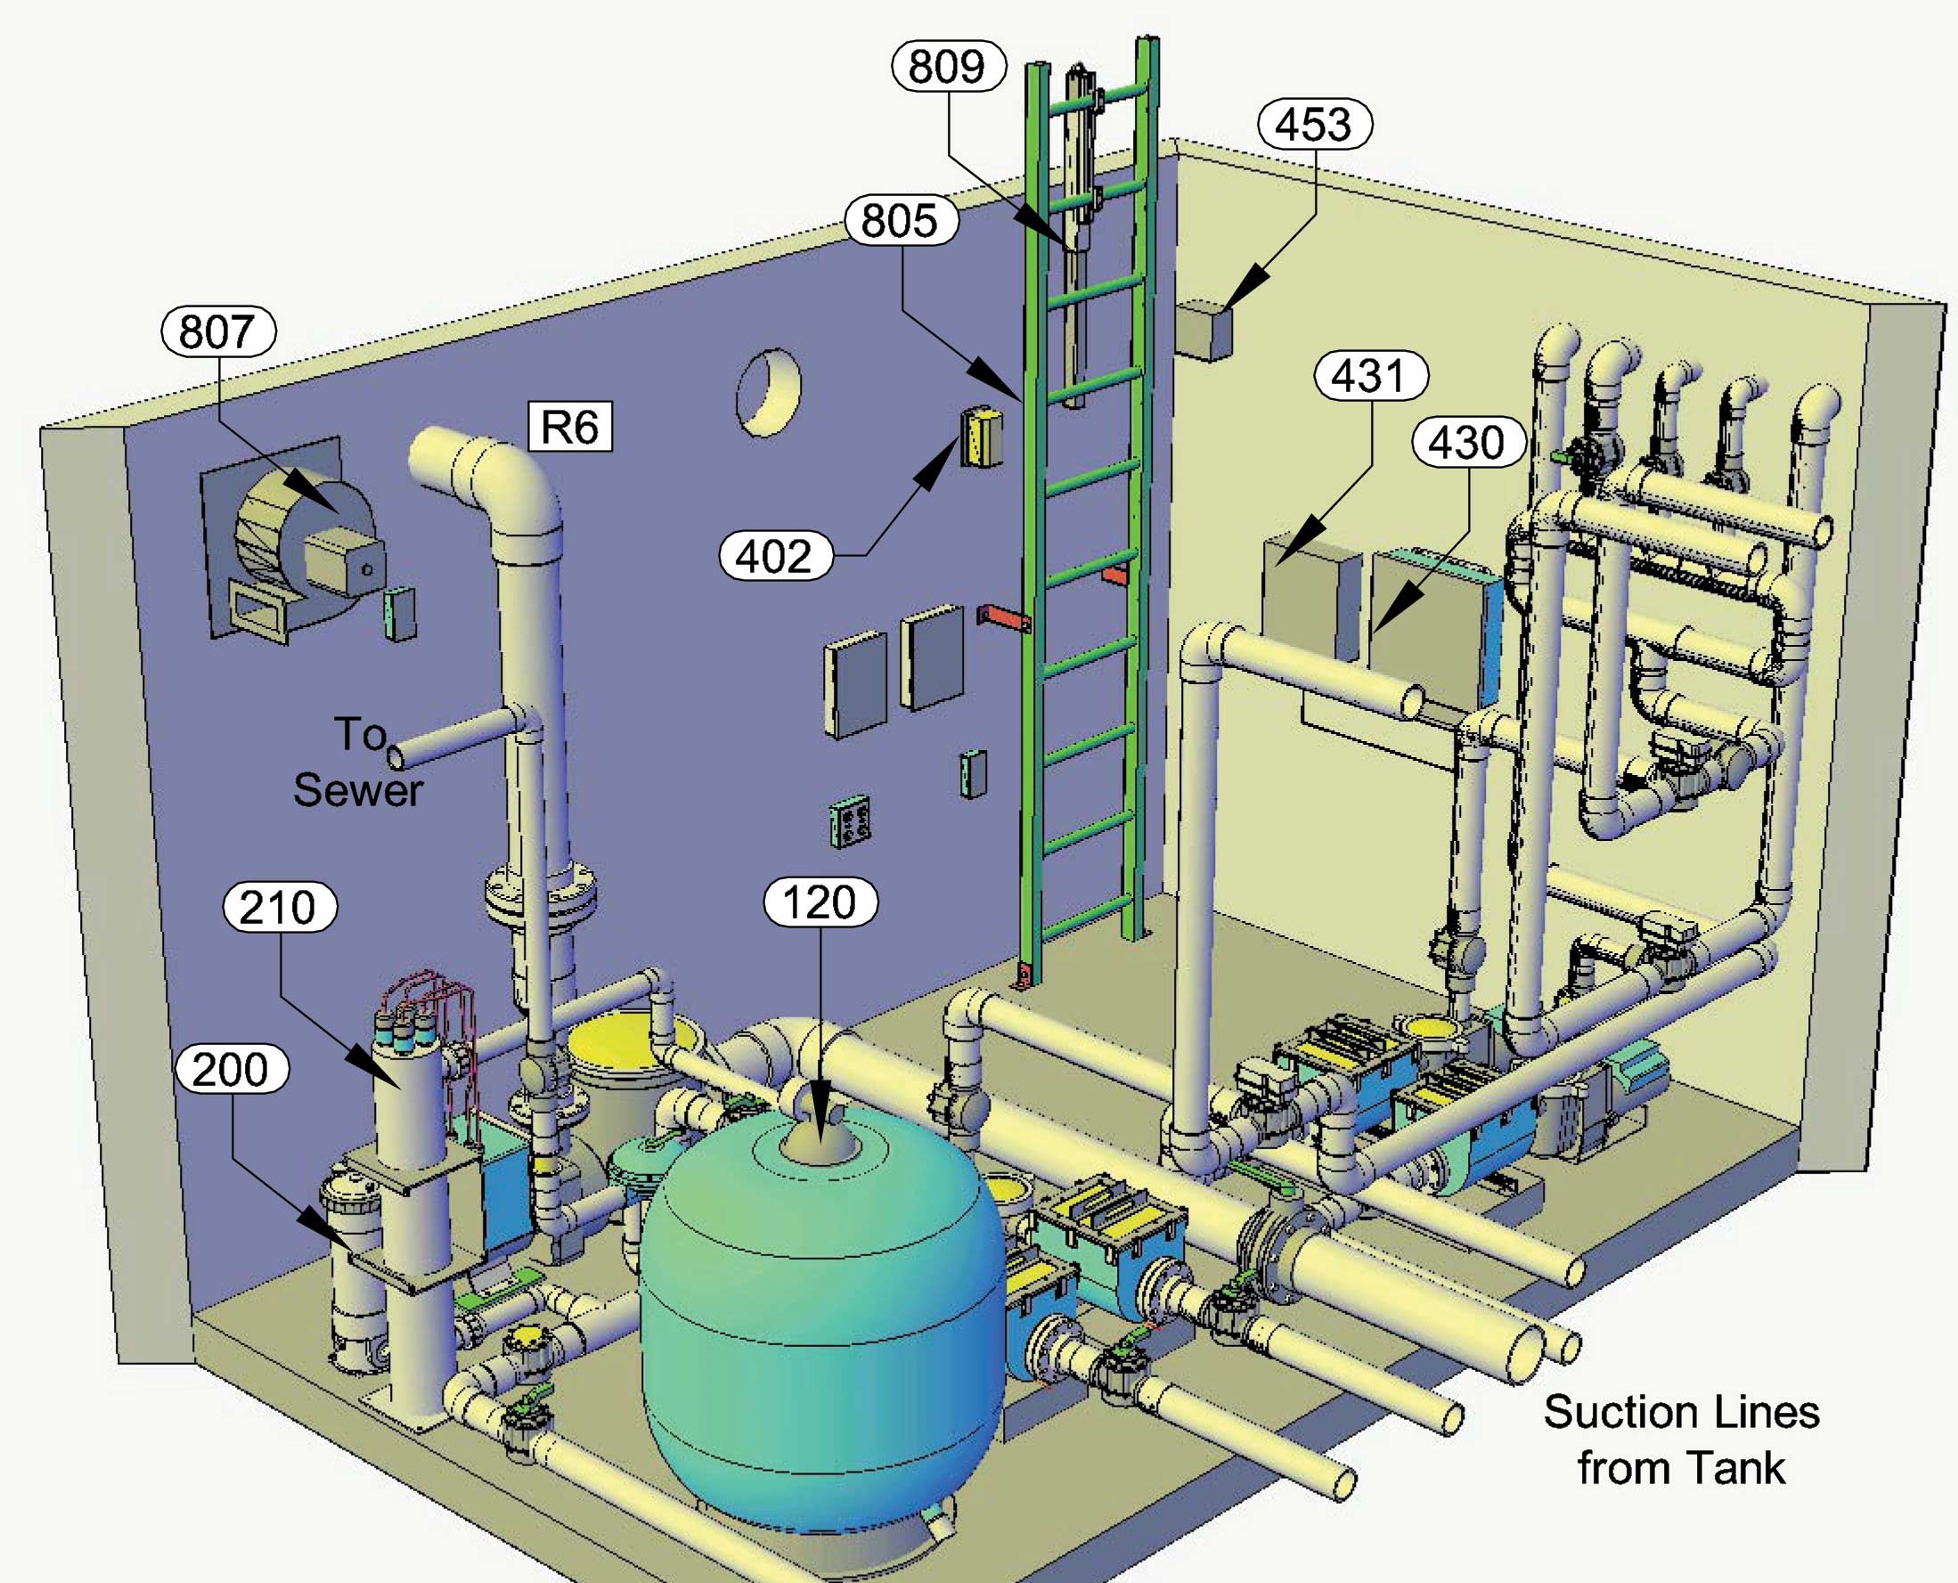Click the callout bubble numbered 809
(x=948, y=67)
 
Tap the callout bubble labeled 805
(x=900, y=221)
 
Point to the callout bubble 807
(x=217, y=331)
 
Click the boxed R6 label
(x=570, y=427)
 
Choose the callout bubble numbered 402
(x=774, y=555)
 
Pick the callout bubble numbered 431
(x=1370, y=376)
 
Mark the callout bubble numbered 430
(x=1467, y=443)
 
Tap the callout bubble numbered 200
(x=230, y=1070)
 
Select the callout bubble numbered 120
(x=820, y=902)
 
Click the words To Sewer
(x=357, y=763)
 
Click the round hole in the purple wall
(x=768, y=392)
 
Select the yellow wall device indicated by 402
(x=981, y=437)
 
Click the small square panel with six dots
(x=849, y=821)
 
